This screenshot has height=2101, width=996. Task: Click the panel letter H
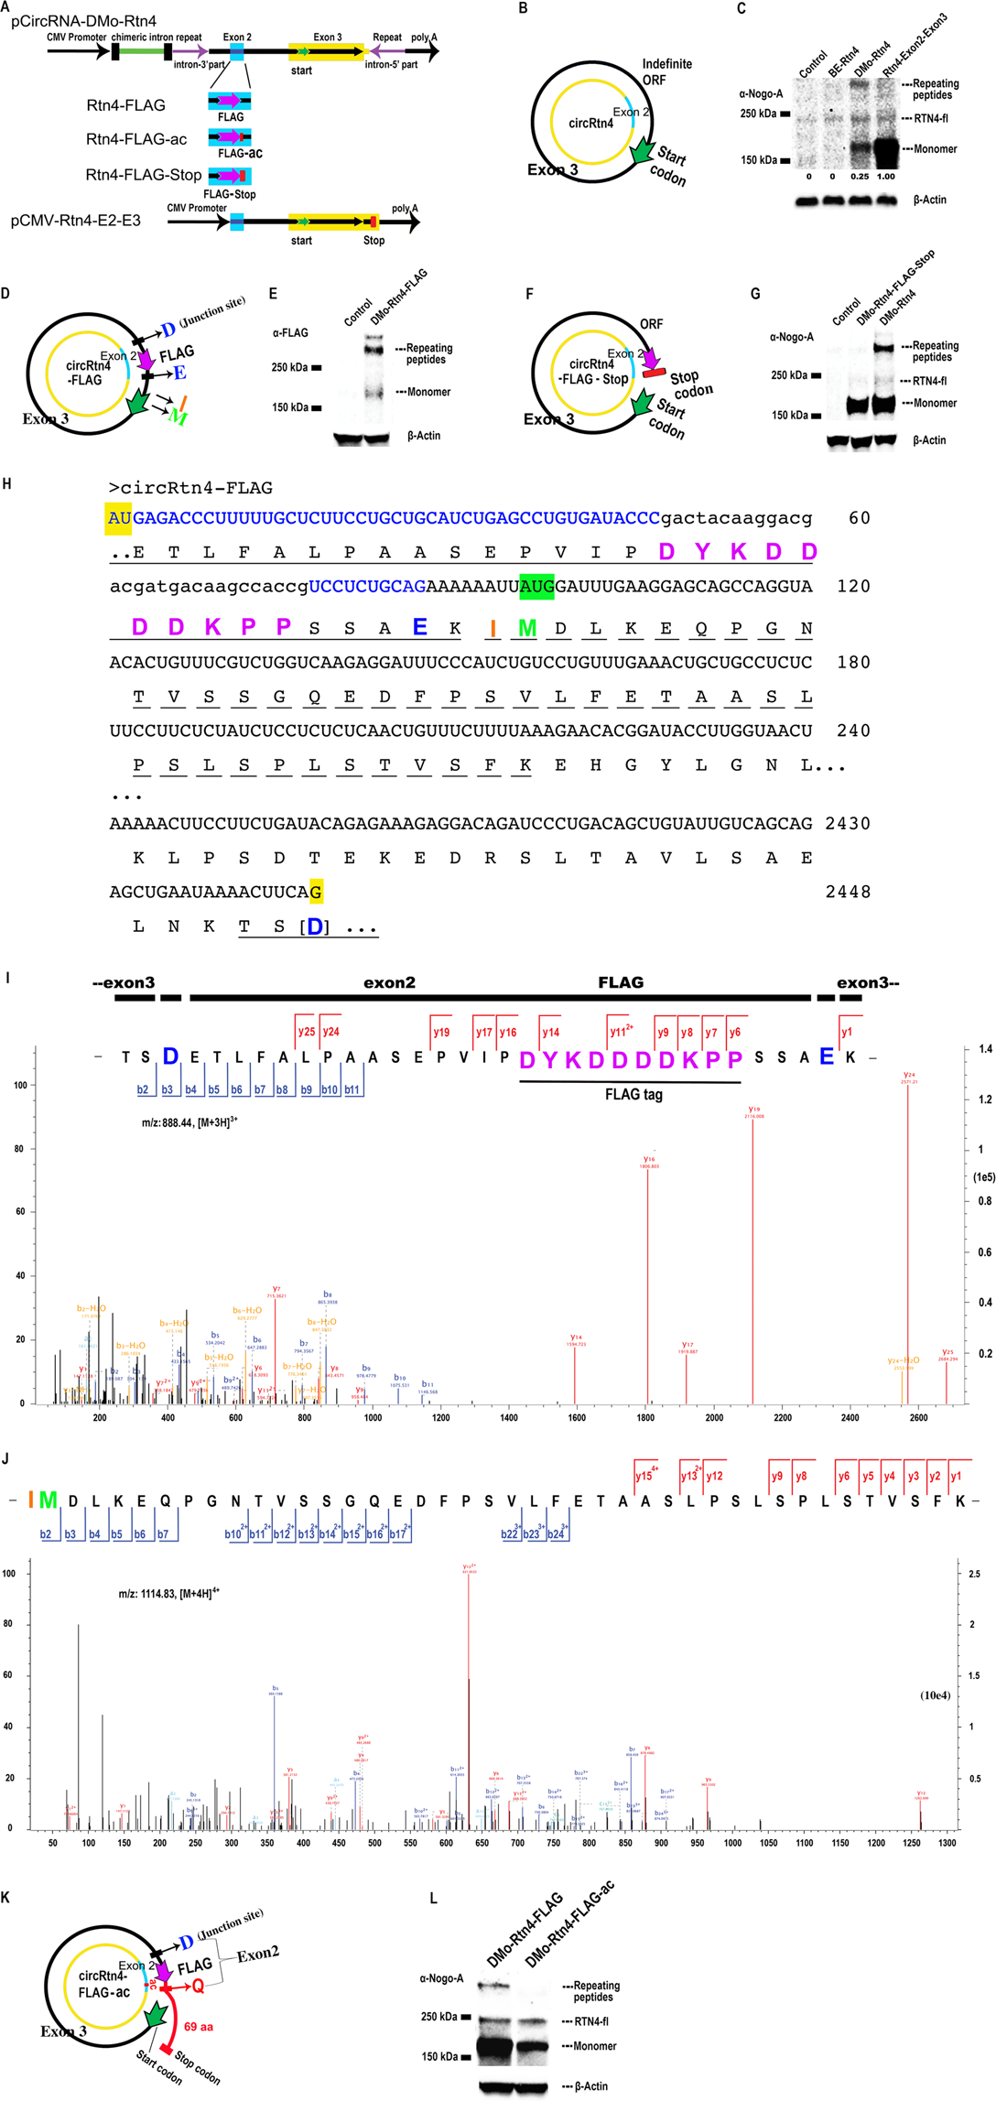tap(7, 483)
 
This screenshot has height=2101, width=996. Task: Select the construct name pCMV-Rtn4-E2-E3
tap(76, 221)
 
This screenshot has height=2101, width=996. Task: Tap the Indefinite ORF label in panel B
tap(666, 71)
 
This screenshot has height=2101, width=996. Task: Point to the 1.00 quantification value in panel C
tap(885, 177)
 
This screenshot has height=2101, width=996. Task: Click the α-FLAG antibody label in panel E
tap(290, 333)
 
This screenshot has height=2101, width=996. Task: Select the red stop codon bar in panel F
tap(654, 372)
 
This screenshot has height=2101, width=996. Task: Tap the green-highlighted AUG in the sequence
tap(536, 586)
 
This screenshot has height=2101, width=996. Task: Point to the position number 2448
tap(848, 892)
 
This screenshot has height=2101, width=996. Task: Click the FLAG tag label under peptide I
tap(633, 1094)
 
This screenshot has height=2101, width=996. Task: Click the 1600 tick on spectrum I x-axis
tap(577, 1418)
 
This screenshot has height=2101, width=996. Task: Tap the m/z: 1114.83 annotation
tap(169, 1594)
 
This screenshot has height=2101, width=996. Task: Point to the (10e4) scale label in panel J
tap(935, 1695)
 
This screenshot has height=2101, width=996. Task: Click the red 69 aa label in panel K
tap(199, 2026)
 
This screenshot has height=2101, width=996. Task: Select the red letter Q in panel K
tap(198, 1986)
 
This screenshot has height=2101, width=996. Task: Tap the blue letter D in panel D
tap(168, 330)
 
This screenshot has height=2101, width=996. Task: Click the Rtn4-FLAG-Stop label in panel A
tap(144, 175)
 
